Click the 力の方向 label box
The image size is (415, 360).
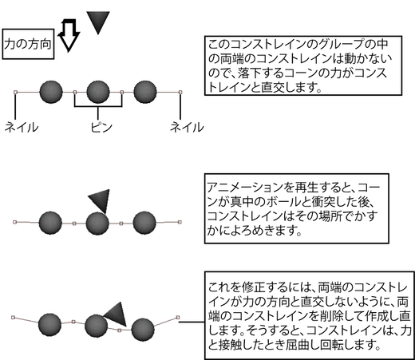[28, 44]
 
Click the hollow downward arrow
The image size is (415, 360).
[69, 35]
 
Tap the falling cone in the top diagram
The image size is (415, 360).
[98, 22]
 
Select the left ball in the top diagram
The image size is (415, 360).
[51, 92]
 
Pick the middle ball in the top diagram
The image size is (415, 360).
[98, 92]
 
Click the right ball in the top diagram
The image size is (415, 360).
[145, 92]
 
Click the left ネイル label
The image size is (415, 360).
[22, 127]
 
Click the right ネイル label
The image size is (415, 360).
[187, 127]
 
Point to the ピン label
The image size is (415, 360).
[101, 127]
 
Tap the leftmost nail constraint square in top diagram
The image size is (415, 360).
[15, 92]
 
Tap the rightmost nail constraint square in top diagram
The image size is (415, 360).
[180, 92]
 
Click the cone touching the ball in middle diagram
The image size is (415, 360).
[101, 200]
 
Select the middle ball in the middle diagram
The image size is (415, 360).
[97, 224]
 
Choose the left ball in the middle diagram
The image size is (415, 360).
[50, 223]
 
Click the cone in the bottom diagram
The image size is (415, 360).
[117, 314]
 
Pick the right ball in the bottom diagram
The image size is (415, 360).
[143, 330]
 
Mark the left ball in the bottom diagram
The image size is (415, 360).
[49, 325]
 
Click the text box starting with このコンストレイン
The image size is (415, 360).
[303, 65]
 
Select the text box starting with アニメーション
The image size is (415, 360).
[297, 208]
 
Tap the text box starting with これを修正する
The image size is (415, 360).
[310, 315]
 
